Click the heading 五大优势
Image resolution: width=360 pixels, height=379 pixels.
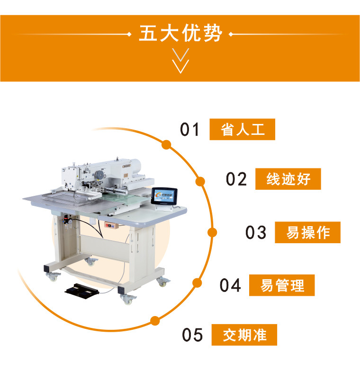point(180,33)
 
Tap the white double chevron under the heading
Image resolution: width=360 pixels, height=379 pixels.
point(180,61)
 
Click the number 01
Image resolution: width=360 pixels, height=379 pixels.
point(189,129)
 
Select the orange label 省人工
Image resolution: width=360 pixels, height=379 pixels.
point(242,129)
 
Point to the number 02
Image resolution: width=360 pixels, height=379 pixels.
point(236,179)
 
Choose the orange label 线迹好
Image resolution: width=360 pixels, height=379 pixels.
point(288,179)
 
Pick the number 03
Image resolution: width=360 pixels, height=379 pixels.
point(256,232)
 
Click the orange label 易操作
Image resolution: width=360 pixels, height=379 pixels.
point(308,232)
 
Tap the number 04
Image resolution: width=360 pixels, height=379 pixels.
point(230,285)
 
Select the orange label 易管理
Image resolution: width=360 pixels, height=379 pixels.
point(282,285)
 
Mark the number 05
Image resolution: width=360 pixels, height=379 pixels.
point(192,335)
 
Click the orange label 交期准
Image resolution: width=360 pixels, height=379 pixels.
point(244,335)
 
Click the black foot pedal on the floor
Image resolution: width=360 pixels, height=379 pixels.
point(82,291)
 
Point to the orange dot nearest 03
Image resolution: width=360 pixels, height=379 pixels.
point(212,232)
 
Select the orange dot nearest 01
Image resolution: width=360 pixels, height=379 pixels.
point(166,145)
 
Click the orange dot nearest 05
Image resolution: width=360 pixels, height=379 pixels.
point(155,321)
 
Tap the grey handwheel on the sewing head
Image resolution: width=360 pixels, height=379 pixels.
point(99,175)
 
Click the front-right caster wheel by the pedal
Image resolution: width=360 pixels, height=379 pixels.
point(127,299)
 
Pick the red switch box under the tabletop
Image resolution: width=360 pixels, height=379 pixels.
point(111,225)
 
